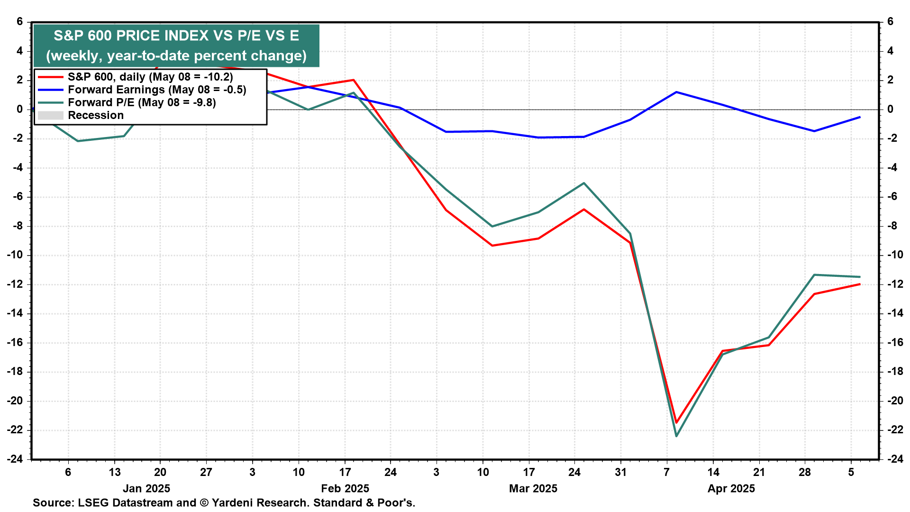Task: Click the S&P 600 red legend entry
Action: point(150,77)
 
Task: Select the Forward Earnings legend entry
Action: point(157,90)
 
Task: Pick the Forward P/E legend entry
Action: point(142,102)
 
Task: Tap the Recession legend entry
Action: point(96,115)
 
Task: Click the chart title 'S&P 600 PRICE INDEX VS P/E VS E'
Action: point(176,36)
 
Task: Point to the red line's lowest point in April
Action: point(676,422)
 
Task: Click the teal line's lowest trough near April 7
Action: point(676,436)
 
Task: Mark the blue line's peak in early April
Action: point(676,92)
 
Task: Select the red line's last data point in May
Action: point(860,284)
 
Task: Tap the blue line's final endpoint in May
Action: point(860,117)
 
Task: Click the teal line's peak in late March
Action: point(584,183)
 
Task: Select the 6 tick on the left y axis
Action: point(19,22)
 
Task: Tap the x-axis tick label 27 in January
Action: point(206,472)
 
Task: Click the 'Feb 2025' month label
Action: point(345,488)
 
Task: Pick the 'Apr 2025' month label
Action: point(731,488)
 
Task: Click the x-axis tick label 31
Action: point(621,472)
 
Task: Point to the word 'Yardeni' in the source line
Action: point(233,503)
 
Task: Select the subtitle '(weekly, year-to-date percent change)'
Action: point(176,55)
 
